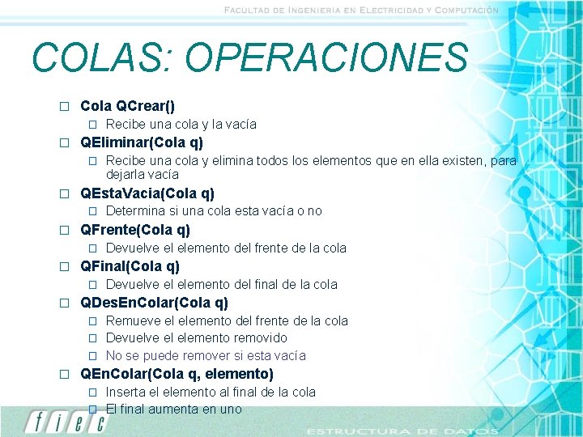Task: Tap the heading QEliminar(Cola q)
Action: tap(142, 142)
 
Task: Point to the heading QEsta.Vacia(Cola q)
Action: tap(147, 193)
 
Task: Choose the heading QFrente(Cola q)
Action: tap(135, 230)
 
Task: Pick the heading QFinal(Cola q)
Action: tap(130, 266)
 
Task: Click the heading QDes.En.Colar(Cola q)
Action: tap(154, 303)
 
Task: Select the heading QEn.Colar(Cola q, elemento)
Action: tap(177, 374)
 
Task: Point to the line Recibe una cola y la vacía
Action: tap(181, 125)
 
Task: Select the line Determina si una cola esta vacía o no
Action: tap(214, 211)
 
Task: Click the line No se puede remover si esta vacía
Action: tap(206, 355)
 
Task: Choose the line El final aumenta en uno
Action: tap(173, 409)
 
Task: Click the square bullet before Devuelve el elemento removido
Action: tap(92, 338)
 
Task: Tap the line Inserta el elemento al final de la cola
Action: tap(211, 392)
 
